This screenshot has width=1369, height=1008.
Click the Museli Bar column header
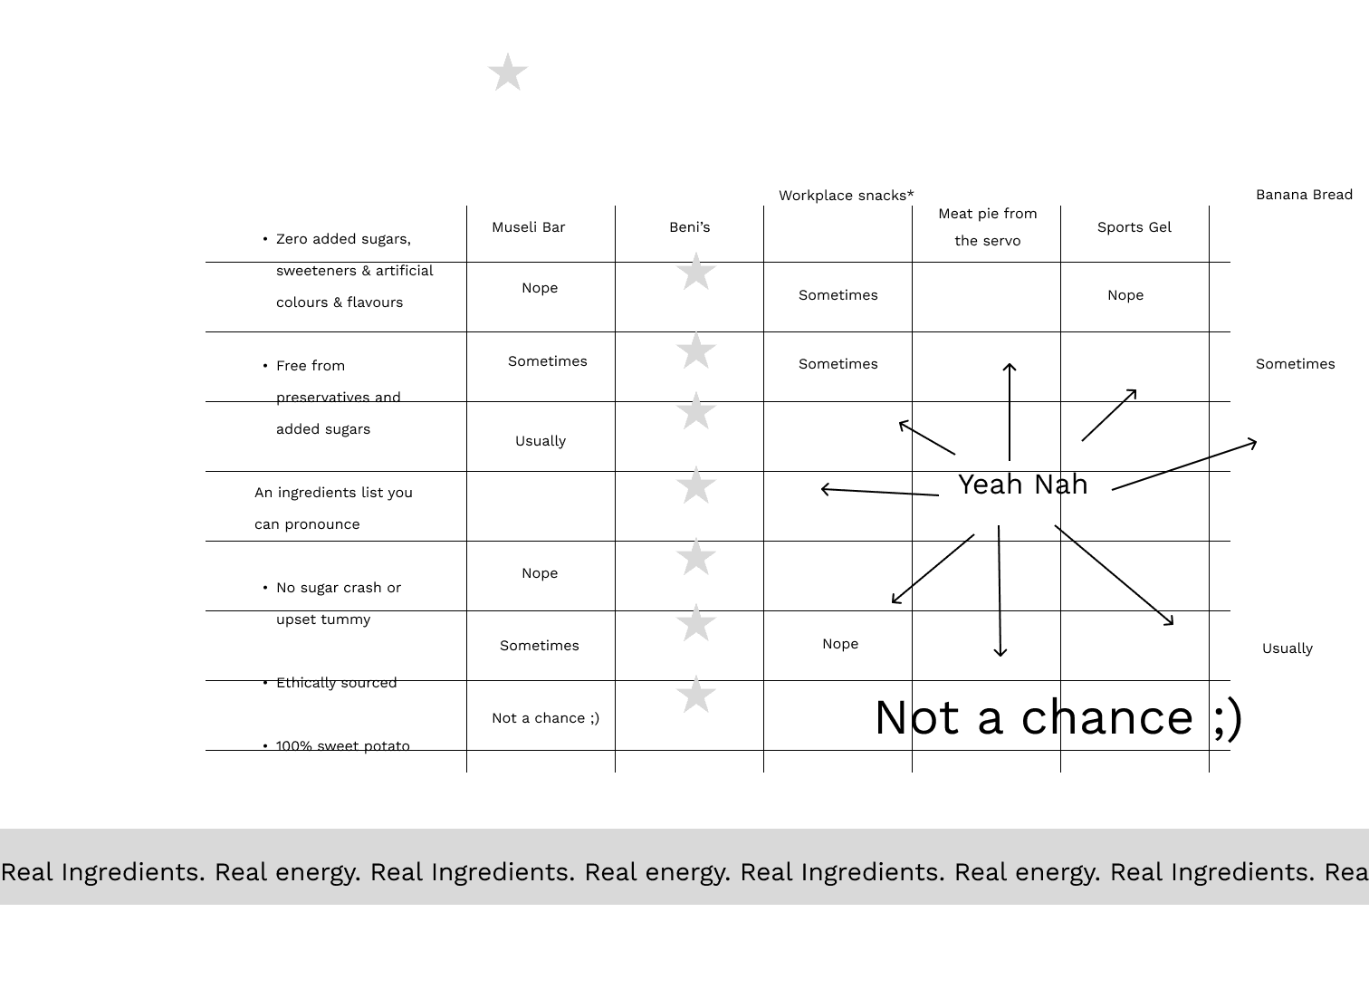528,227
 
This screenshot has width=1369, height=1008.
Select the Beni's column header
689,227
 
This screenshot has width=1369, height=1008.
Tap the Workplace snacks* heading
846,196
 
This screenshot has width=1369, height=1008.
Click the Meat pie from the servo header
987,227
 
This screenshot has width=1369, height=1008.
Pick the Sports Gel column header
1134,227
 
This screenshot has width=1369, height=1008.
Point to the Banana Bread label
1304,195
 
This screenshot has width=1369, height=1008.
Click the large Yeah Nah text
1022,485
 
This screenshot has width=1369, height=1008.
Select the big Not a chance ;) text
1058,717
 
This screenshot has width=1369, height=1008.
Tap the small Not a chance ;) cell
545,718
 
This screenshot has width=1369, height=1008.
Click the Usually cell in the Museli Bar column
540,441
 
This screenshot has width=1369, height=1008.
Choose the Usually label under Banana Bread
1287,648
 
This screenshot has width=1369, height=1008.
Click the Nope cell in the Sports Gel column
1125,295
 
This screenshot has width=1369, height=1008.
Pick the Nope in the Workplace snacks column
839,644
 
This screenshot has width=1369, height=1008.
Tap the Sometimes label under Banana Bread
1295,364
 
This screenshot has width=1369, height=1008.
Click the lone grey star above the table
508,72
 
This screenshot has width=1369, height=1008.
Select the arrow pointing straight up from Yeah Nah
1010,411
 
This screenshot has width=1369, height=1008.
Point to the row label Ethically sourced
336,683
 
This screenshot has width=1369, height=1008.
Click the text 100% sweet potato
342,746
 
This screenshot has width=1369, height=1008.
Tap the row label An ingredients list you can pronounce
333,508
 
